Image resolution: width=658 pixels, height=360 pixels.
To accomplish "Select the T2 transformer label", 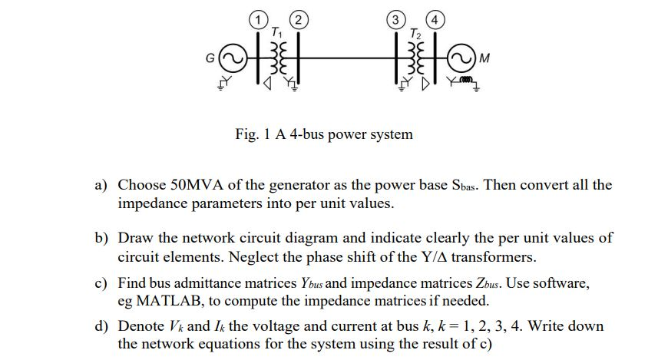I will (x=415, y=31).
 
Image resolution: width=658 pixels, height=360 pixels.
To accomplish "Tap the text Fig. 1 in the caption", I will (x=253, y=134).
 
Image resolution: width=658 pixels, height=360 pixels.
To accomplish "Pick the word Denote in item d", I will (x=141, y=326).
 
